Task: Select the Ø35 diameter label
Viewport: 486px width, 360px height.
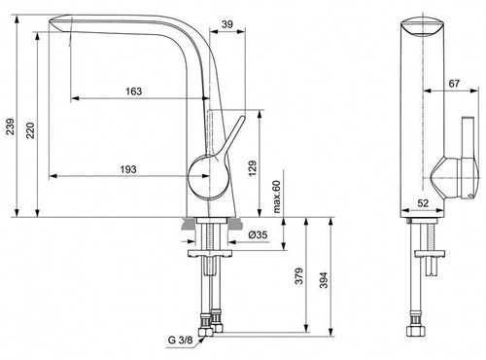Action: [x=258, y=235]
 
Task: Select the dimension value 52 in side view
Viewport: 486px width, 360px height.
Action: [x=424, y=203]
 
